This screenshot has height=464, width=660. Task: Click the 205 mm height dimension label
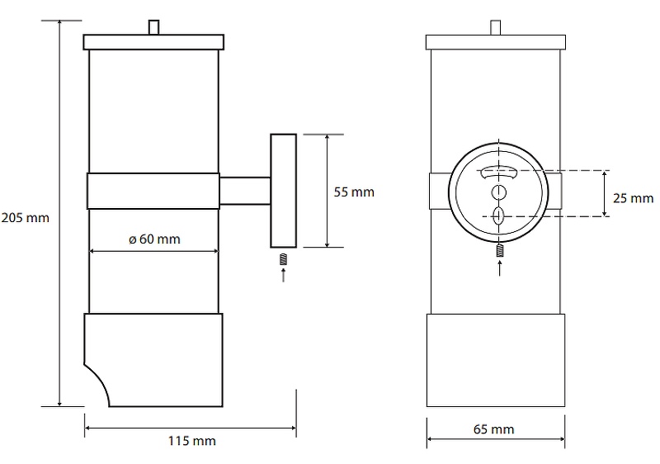click(x=26, y=218)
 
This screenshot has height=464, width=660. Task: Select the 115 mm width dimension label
click(x=192, y=441)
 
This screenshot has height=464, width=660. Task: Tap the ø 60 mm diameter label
click(x=154, y=239)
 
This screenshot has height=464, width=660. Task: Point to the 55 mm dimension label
click(x=354, y=192)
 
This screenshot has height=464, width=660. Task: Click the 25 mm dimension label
click(x=633, y=198)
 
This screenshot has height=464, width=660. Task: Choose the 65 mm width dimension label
click(x=493, y=429)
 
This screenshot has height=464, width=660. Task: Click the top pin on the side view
click(x=154, y=27)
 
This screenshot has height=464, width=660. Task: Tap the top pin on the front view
click(x=496, y=28)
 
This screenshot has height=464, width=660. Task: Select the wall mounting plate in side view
click(x=283, y=191)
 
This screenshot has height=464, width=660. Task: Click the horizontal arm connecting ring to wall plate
click(x=245, y=192)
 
